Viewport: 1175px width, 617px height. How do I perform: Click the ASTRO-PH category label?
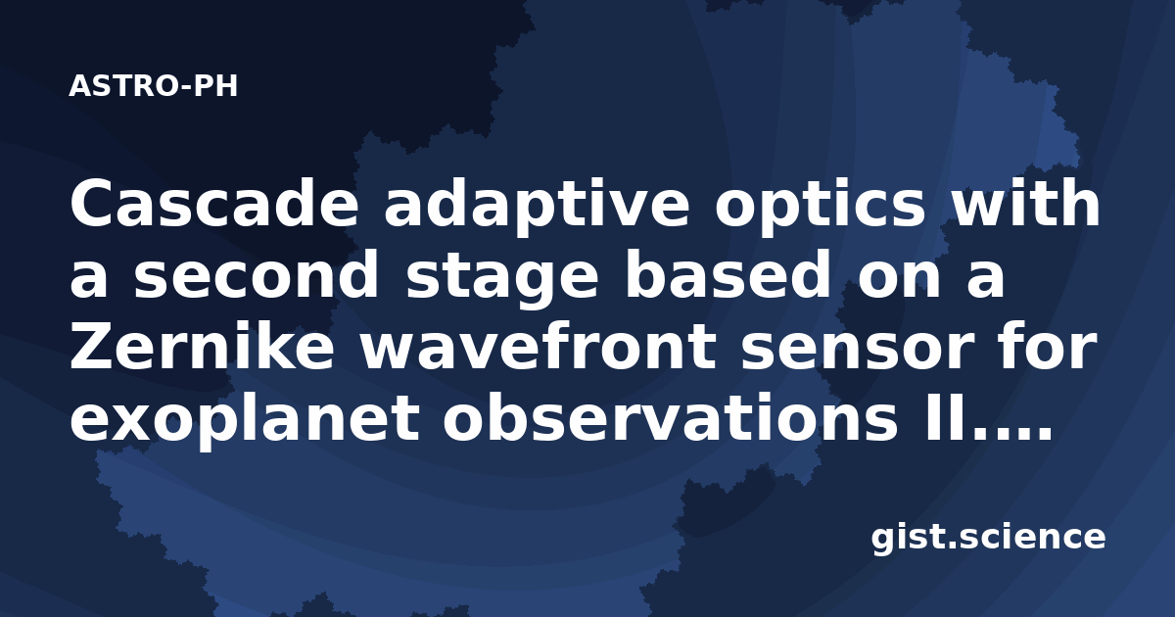(153, 86)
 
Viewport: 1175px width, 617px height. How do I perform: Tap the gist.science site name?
(988, 539)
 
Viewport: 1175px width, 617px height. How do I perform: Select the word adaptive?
(537, 207)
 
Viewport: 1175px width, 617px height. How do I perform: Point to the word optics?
(821, 207)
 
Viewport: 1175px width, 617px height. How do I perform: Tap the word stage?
(502, 278)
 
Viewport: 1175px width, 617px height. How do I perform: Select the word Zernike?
(202, 344)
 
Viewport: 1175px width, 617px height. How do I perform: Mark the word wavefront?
(538, 344)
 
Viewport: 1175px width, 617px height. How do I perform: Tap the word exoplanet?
(245, 419)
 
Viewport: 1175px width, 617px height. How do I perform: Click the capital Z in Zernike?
(91, 346)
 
